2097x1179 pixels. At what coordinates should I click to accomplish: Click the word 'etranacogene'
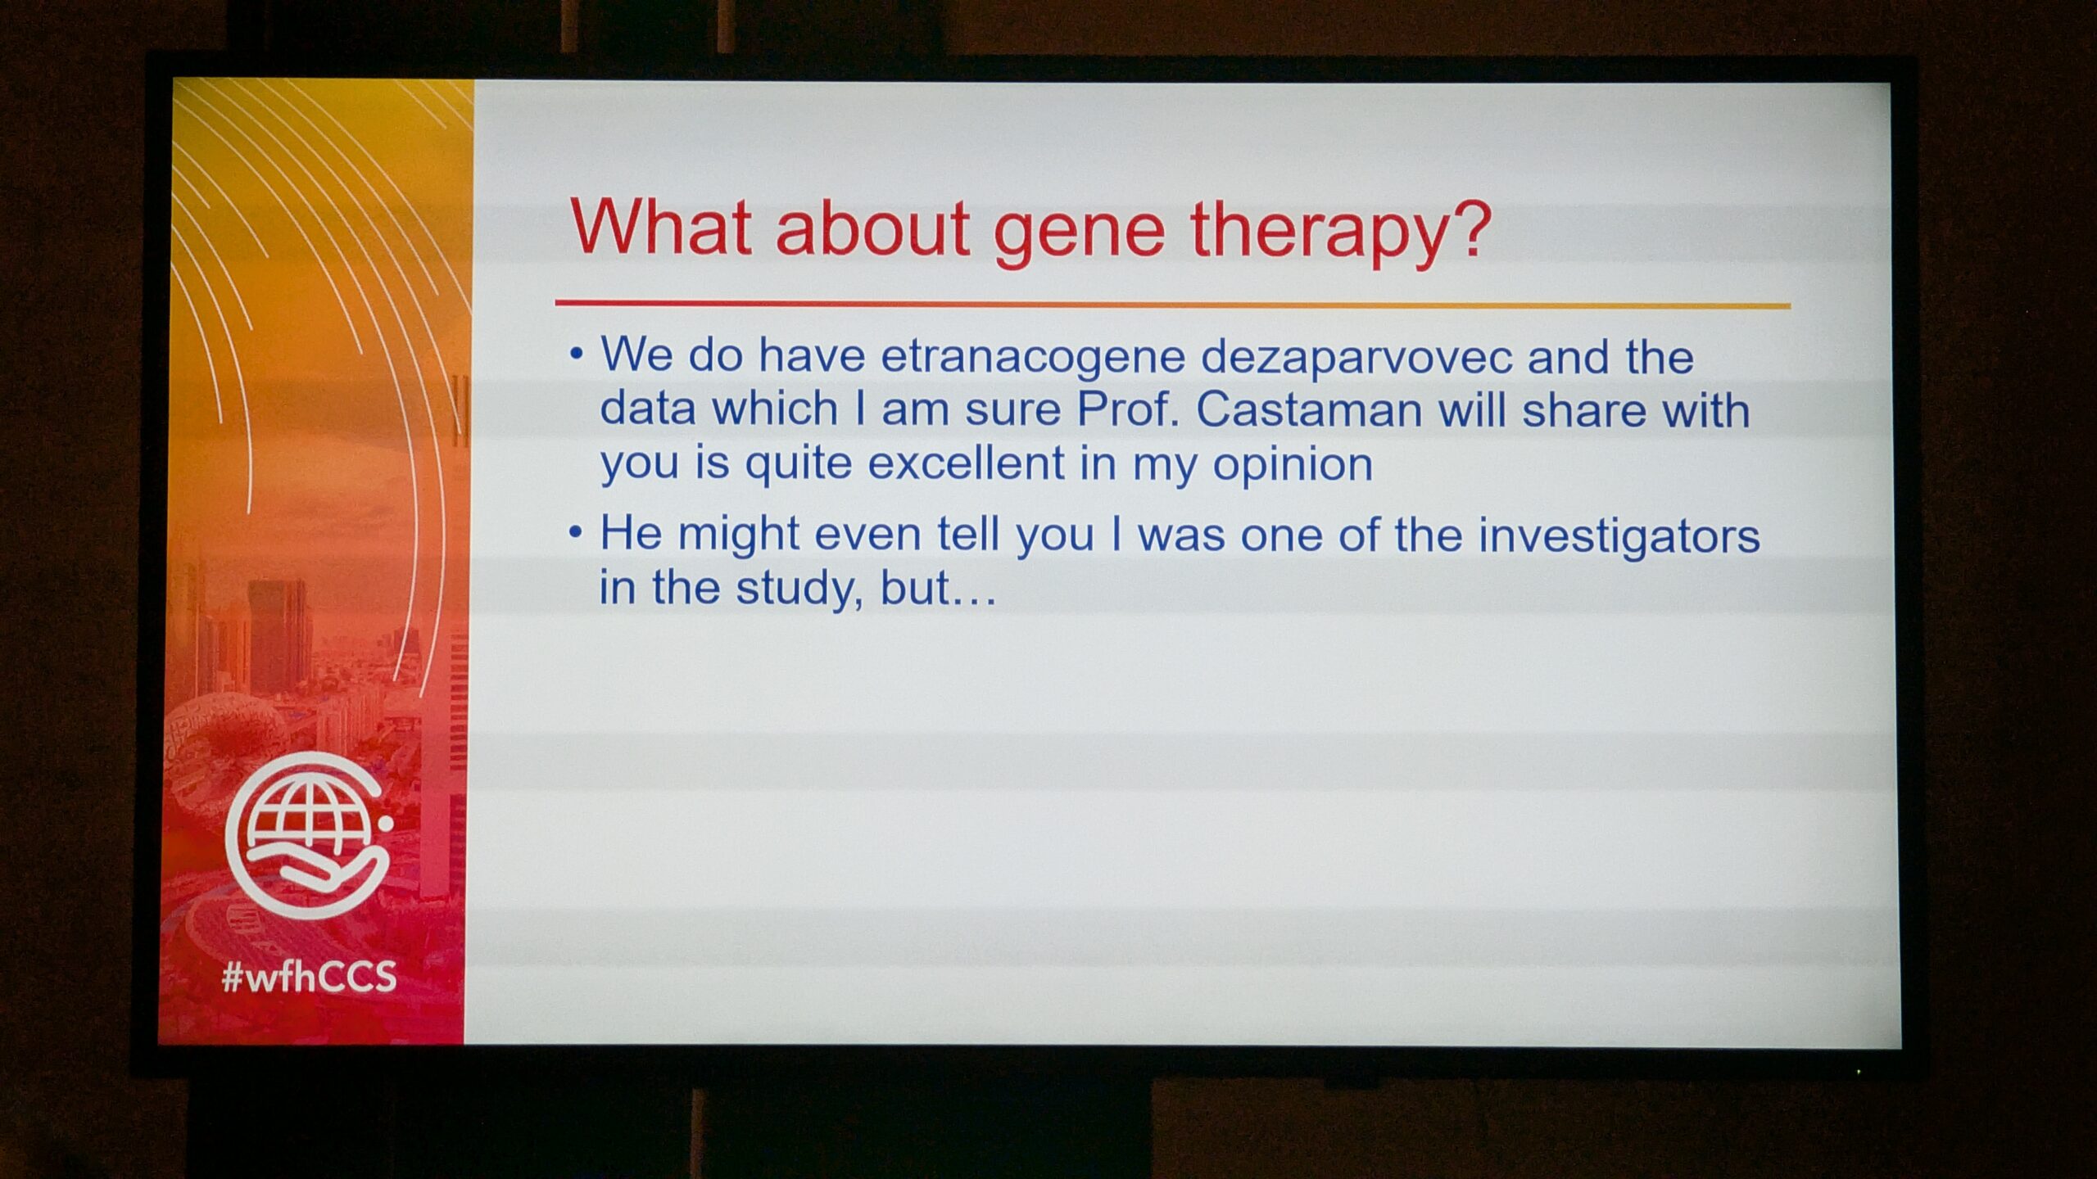coord(1033,358)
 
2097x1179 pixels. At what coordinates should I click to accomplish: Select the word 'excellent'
coord(967,463)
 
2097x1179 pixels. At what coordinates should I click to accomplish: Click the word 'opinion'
coord(1292,465)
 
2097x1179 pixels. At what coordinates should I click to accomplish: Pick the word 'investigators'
coord(1619,537)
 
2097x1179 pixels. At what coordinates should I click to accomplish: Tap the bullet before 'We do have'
coord(577,355)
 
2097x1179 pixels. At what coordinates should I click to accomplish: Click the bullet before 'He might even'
coord(577,533)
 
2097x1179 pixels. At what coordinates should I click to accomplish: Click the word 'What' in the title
coord(660,227)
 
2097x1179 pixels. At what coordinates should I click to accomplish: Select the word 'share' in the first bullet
coord(1583,409)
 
